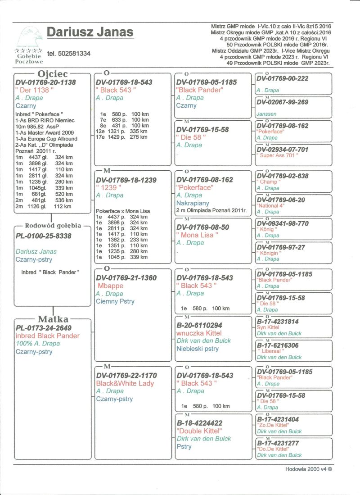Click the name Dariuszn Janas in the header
[x=90, y=32]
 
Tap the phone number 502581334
[x=68, y=54]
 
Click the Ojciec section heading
[x=53, y=73]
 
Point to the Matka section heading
[x=53, y=319]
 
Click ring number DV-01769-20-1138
[x=45, y=82]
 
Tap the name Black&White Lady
[x=125, y=383]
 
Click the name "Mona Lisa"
[x=199, y=235]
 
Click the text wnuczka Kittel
[x=199, y=333]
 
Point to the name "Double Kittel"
[x=199, y=431]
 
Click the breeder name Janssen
[x=266, y=114]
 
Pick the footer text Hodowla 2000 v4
[x=308, y=468]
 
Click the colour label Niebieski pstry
[x=198, y=349]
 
